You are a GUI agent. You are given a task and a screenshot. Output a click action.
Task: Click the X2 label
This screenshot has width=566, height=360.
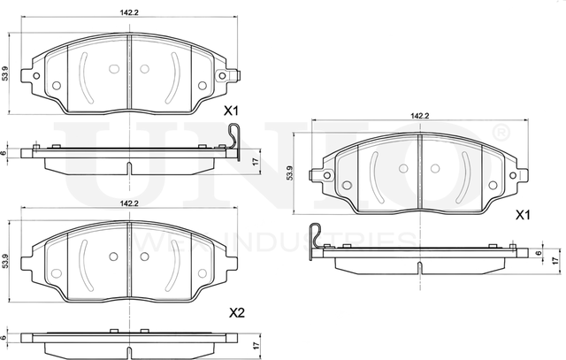pos(236,312)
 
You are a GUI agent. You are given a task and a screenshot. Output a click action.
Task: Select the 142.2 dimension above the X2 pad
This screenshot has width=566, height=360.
pos(129,203)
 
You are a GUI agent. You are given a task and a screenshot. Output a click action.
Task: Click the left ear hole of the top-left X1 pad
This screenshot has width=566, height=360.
pos(36,75)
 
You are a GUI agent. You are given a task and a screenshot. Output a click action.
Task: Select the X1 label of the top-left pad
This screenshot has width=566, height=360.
pos(232,111)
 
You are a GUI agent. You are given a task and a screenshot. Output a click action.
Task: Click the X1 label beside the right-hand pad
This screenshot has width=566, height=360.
pos(522,215)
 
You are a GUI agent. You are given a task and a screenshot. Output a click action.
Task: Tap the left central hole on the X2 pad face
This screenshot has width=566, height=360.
pos(112,257)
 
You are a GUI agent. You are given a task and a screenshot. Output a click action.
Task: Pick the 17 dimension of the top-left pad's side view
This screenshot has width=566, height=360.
pos(255,159)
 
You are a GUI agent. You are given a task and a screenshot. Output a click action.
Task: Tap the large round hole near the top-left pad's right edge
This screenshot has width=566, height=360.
pos(202,86)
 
